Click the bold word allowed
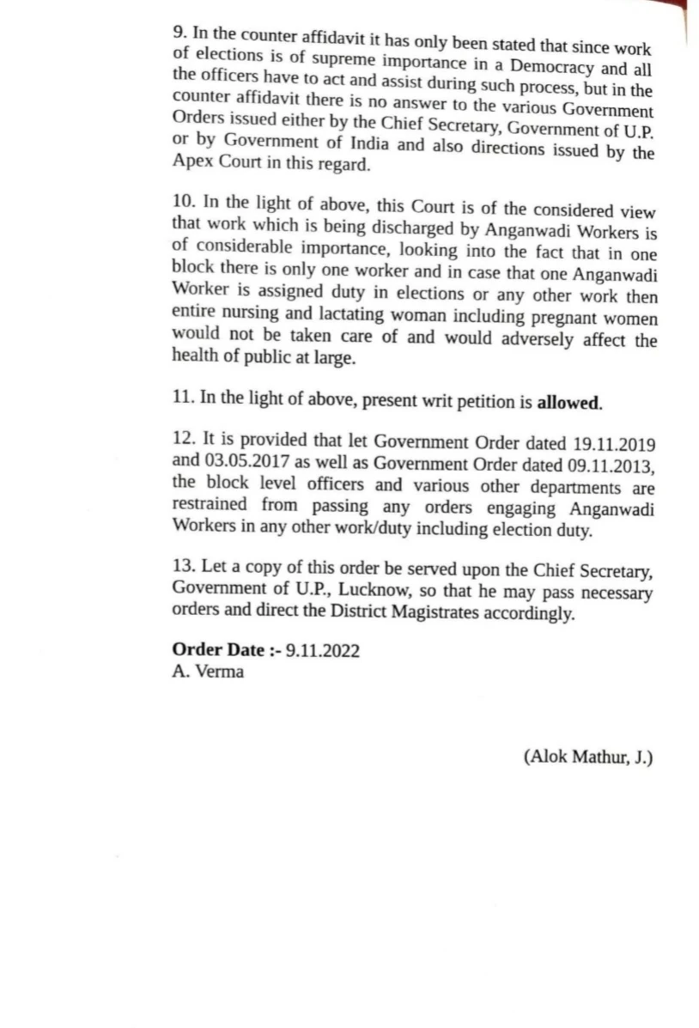[x=570, y=401]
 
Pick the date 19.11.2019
[x=613, y=445]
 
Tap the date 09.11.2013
[x=611, y=466]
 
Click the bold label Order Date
[x=218, y=650]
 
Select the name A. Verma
[x=207, y=672]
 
